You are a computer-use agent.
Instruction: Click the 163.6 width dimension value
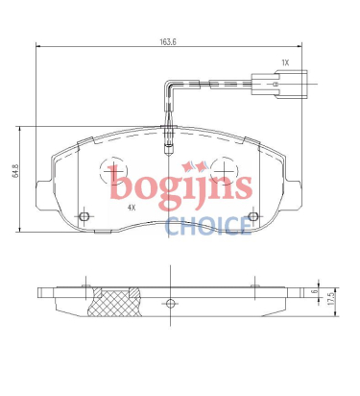(168, 42)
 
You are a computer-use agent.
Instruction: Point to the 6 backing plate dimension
(315, 291)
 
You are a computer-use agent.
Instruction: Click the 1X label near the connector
(285, 62)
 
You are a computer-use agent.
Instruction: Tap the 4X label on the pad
(132, 208)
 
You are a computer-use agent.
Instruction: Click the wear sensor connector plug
(279, 83)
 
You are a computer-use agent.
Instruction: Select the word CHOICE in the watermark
(208, 226)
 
